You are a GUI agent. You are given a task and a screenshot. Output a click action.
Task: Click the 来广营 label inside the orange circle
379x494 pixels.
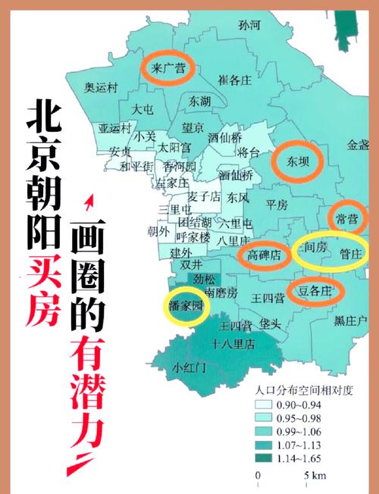point(169,67)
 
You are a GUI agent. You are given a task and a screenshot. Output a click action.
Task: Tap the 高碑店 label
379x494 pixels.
point(265,255)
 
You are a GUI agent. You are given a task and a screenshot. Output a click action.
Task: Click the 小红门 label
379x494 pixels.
point(189,368)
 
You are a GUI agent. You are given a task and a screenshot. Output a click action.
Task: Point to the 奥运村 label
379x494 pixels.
point(102,87)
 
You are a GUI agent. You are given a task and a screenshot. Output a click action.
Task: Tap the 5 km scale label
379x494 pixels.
point(316,476)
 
